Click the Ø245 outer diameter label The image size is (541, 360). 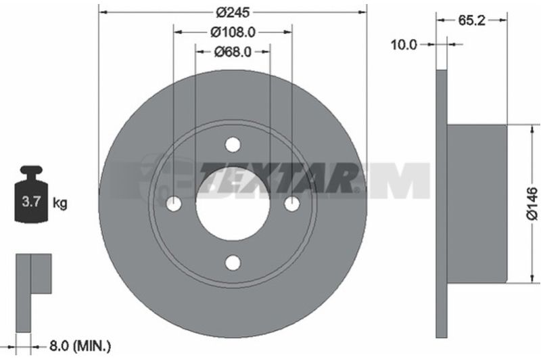point(233,12)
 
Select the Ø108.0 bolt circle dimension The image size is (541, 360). point(233,32)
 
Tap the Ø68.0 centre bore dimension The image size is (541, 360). point(233,52)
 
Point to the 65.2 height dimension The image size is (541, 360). point(471,21)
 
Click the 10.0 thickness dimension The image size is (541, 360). point(404,45)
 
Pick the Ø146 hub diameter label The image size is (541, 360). point(532,203)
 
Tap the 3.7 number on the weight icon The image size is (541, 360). point(31,201)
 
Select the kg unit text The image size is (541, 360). point(60,203)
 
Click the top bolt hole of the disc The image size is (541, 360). point(233,145)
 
